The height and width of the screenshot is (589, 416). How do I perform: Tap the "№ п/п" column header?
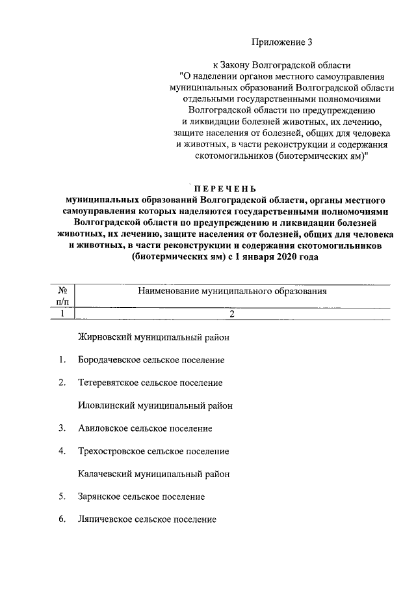(x=63, y=297)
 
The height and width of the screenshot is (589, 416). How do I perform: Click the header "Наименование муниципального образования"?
(x=231, y=292)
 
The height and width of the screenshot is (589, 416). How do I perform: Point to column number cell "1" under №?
(x=63, y=314)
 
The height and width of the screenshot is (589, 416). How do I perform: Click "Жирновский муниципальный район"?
(x=153, y=337)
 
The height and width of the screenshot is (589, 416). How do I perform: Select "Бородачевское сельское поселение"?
(x=151, y=360)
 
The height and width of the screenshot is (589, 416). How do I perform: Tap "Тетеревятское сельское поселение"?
(x=150, y=383)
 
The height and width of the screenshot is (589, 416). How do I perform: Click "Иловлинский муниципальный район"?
(x=155, y=405)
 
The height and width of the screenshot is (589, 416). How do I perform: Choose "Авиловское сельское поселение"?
(x=145, y=428)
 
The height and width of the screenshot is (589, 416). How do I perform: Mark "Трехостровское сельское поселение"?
(x=153, y=451)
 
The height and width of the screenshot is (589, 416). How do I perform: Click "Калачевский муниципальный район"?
(x=153, y=474)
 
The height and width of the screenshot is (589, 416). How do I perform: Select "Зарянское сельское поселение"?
(x=141, y=497)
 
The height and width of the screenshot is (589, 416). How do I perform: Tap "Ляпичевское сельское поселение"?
(x=147, y=519)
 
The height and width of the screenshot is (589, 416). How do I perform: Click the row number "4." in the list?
(x=61, y=451)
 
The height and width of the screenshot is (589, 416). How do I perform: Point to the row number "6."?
(x=61, y=519)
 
